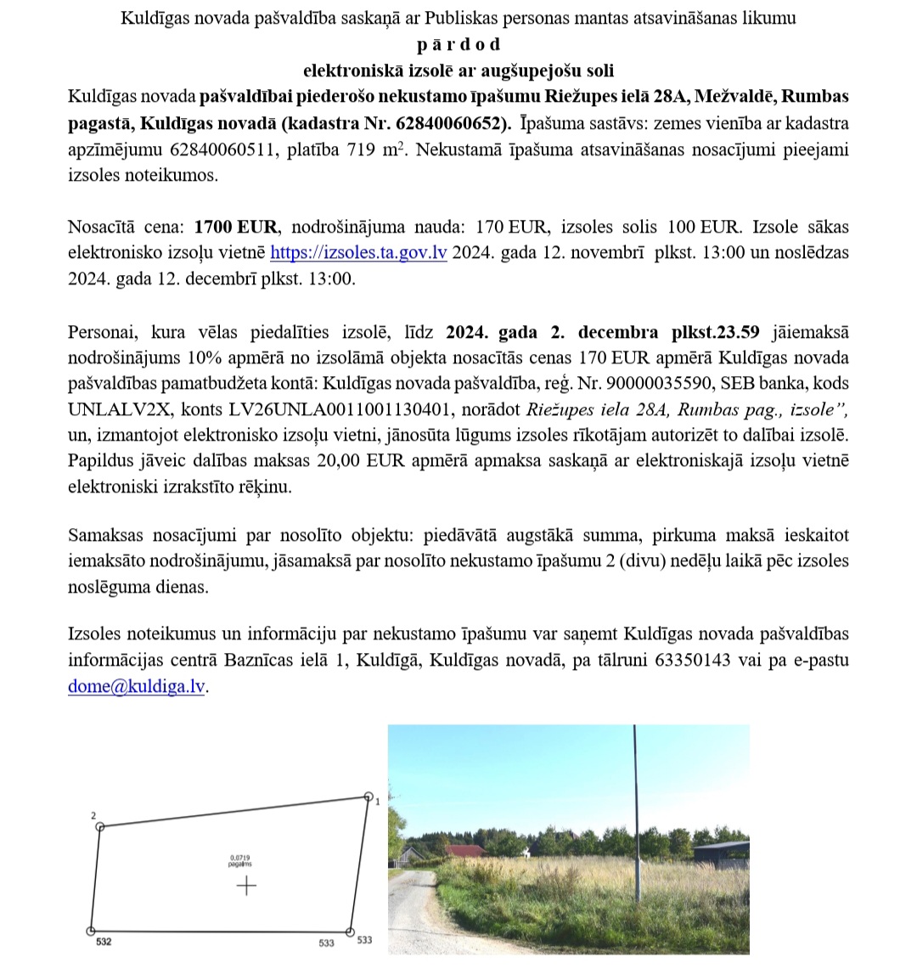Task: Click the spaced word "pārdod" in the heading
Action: click(458, 44)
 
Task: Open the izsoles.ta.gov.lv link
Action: click(358, 254)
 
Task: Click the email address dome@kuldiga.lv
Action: click(137, 687)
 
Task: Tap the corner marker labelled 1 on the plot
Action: click(368, 798)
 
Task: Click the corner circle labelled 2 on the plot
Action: click(100, 826)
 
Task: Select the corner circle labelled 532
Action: click(91, 931)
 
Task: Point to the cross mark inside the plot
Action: click(246, 886)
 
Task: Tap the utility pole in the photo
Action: click(637, 815)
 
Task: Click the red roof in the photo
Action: click(466, 851)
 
